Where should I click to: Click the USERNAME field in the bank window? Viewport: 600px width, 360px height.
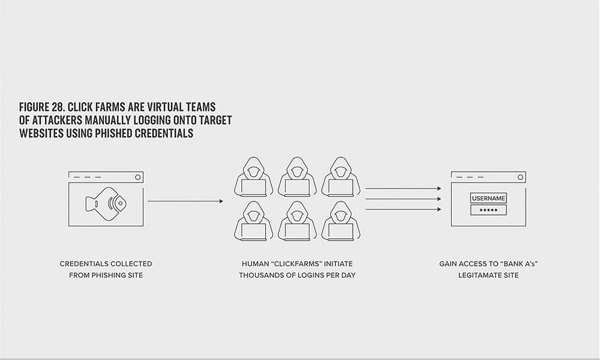(488, 198)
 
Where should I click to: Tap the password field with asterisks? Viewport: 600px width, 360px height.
(488, 210)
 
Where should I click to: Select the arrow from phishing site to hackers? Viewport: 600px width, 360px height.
(185, 201)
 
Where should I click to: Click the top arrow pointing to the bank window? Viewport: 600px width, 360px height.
(403, 188)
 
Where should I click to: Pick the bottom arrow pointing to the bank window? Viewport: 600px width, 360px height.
(403, 209)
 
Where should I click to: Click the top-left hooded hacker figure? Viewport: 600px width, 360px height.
(253, 177)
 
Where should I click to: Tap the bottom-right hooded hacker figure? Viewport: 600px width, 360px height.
(341, 221)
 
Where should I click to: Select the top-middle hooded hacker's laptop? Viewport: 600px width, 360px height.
(297, 187)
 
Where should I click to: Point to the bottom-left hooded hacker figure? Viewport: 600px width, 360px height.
(253, 221)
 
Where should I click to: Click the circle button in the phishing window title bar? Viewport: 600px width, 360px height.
(138, 177)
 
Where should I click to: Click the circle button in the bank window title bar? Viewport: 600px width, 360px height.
(520, 177)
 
